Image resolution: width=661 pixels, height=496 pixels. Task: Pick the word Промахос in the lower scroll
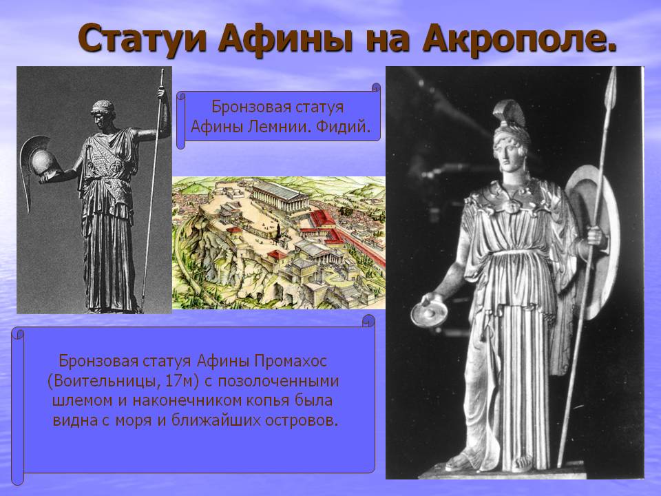[291, 361]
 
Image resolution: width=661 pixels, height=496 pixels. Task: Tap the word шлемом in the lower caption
[83, 401]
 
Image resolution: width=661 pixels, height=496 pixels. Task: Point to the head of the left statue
[103, 113]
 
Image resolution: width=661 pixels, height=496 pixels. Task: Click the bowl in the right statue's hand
[429, 313]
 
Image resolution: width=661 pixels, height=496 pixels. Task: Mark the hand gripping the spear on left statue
[161, 92]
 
